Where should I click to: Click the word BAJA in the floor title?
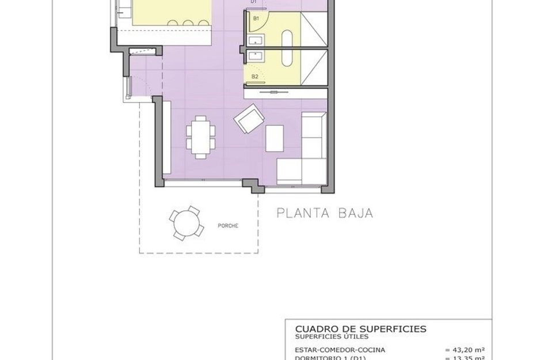356,213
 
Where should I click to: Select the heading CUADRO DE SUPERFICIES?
360,329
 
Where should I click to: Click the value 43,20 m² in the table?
465,349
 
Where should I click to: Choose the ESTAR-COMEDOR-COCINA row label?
340,349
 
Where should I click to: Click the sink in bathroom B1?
256,39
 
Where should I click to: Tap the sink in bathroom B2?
256,56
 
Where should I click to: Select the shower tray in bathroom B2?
314,67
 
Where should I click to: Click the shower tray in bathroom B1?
314,29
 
